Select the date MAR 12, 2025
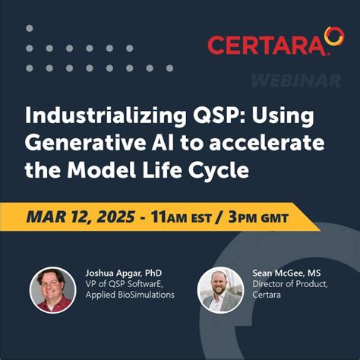(82, 218)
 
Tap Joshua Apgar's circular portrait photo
(52, 289)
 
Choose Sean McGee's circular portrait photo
(220, 289)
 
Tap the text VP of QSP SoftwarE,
(125, 283)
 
